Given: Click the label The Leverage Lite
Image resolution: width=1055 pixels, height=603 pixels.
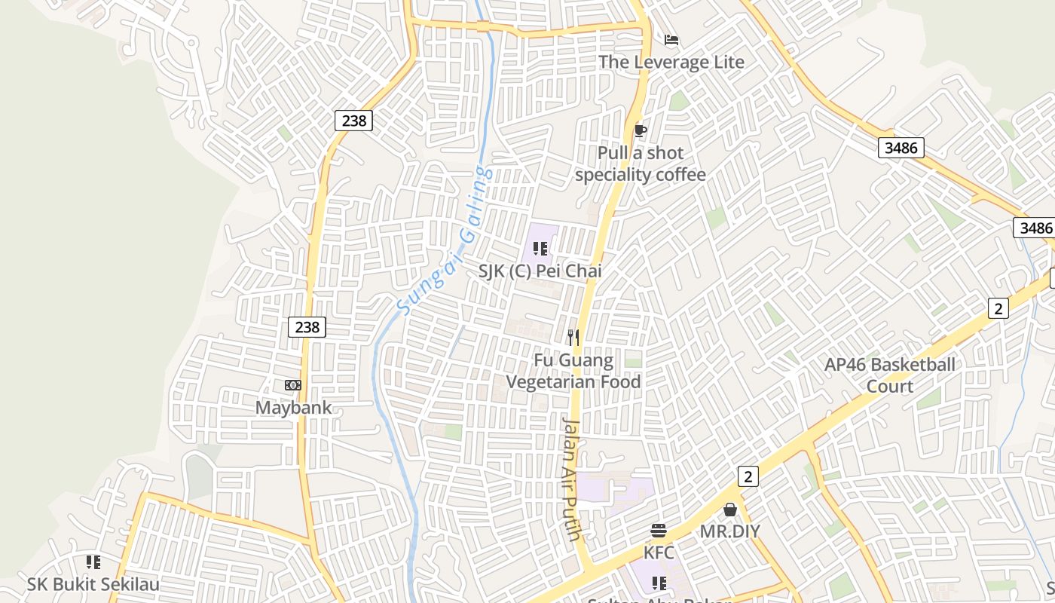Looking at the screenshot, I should tap(671, 62).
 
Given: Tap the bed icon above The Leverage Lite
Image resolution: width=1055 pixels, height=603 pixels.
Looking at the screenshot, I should tap(671, 40).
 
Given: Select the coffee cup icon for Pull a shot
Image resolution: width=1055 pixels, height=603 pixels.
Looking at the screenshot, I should tap(640, 131).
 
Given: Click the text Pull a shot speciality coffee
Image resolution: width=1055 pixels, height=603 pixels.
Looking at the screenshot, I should tap(641, 164).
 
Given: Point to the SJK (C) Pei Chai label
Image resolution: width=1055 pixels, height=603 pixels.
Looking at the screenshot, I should tap(540, 270).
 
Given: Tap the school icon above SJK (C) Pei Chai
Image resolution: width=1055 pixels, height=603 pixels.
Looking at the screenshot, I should tap(540, 248).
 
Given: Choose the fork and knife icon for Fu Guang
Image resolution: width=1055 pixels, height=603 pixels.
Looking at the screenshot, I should tap(573, 338).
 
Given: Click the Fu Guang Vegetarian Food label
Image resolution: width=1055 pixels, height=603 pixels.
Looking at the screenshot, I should tap(573, 371).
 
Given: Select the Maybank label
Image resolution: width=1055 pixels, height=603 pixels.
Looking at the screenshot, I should tap(293, 408).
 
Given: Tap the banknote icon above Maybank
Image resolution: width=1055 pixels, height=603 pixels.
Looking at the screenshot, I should tap(293, 385).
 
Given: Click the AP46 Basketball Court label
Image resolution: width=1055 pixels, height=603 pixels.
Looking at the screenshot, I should tap(890, 375).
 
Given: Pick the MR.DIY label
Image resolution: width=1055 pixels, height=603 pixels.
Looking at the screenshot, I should tap(730, 531).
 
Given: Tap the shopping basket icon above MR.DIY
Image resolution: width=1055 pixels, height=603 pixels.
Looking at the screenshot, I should tap(730, 510).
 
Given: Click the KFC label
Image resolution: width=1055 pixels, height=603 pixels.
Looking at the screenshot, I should tap(659, 552).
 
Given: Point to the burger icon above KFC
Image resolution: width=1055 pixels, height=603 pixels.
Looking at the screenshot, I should tap(659, 531).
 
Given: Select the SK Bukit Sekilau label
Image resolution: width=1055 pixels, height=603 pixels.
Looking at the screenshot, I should tap(93, 584).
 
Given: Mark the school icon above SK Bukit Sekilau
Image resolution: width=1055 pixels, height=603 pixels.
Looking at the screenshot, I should tap(93, 562).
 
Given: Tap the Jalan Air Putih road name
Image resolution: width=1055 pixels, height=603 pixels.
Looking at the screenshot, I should tap(572, 479).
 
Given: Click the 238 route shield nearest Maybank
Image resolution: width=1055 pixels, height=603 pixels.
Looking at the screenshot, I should tap(307, 327).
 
